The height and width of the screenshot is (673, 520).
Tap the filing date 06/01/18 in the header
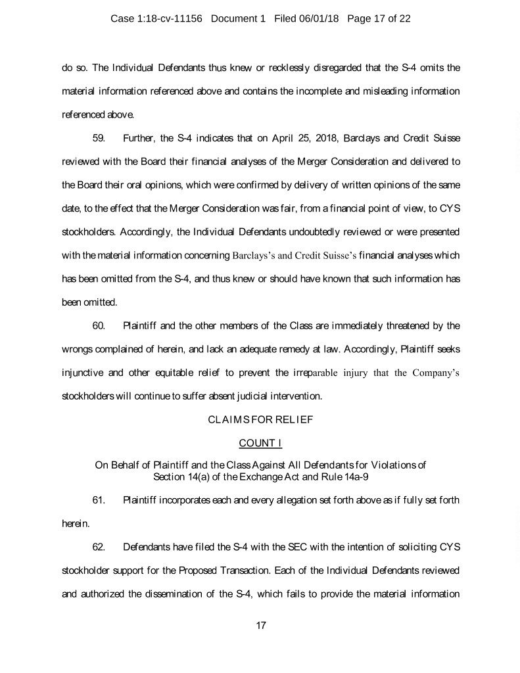[x=317, y=18]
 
